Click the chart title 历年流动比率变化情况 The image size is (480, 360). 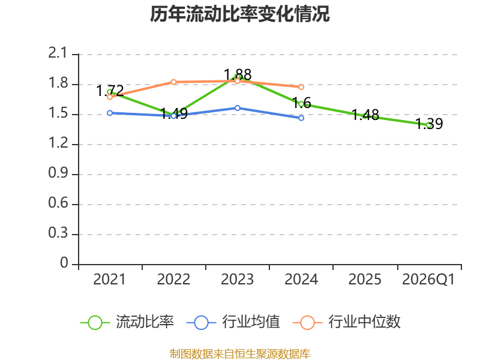click(x=240, y=14)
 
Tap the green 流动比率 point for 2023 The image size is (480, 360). click(x=238, y=77)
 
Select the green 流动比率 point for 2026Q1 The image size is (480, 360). click(x=429, y=125)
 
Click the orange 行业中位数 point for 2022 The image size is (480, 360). click(x=173, y=82)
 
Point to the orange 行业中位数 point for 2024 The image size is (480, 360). click(x=301, y=87)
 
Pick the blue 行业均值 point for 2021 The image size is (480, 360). click(x=110, y=113)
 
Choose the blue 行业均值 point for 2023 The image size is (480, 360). click(x=238, y=108)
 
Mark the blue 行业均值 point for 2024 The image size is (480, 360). click(x=301, y=118)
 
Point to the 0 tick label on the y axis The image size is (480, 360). click(x=65, y=264)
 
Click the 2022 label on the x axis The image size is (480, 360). click(x=173, y=280)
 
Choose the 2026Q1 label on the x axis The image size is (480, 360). click(x=428, y=280)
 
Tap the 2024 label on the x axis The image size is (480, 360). click(x=301, y=280)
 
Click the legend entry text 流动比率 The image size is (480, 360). click(x=145, y=322)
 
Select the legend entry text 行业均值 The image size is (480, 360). click(x=251, y=322)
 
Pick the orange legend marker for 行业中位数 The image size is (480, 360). click(x=307, y=322)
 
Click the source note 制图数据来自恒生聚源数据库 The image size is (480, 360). click(x=240, y=353)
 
